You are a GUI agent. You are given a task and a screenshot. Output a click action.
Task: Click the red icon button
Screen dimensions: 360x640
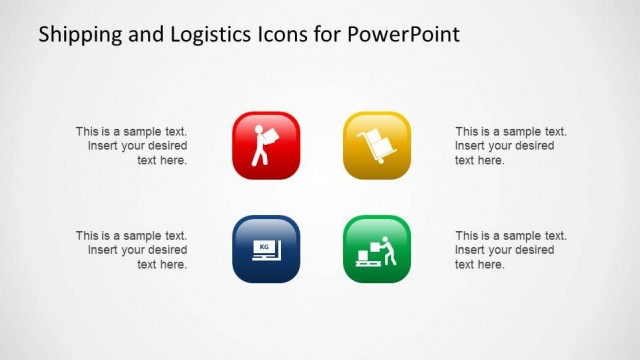266,145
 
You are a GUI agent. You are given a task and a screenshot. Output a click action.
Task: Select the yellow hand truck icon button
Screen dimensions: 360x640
377,145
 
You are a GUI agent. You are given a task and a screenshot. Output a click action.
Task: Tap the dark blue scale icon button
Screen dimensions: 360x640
266,249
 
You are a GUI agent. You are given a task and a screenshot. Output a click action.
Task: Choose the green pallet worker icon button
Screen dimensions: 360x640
377,249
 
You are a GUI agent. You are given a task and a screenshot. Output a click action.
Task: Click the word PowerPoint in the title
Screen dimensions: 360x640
405,35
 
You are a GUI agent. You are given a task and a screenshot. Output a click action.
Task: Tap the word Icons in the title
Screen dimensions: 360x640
279,35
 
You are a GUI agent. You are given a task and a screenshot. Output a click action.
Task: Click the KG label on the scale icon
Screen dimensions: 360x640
264,246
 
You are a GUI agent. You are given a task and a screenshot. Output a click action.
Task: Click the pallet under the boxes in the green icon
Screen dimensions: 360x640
366,262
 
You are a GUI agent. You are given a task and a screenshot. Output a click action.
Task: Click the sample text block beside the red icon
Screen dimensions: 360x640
132,145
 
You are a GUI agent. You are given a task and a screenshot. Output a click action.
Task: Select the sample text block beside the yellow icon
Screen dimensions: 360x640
510,145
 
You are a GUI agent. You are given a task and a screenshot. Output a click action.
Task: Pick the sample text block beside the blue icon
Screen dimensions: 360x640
132,250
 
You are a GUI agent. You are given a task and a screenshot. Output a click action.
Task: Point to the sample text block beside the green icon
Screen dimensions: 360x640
510,250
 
